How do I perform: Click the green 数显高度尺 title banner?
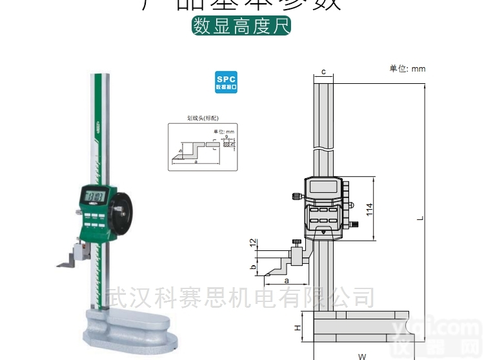[x=242, y=26]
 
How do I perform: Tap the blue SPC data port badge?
[x=226, y=82]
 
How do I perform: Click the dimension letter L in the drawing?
[x=419, y=217]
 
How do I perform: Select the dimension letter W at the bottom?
[x=362, y=355]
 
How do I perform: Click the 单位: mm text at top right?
[x=407, y=68]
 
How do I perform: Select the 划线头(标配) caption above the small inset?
[x=203, y=119]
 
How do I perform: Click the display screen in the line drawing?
[x=323, y=188]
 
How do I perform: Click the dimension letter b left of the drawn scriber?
[x=254, y=266]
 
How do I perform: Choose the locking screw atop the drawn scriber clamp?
[x=297, y=243]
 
